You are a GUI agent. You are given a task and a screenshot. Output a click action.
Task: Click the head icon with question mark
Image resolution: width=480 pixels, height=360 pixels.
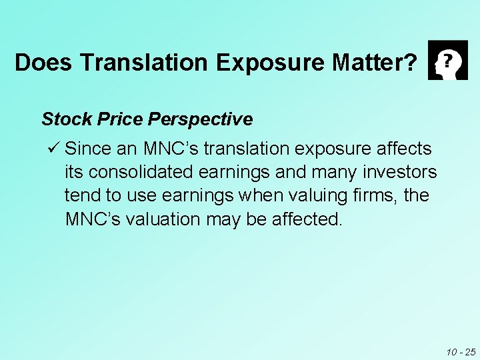tap(447, 60)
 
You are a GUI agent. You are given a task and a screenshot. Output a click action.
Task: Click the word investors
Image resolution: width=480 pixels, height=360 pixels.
tap(400, 172)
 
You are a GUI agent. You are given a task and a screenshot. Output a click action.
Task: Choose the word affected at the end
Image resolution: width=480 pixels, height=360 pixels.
tap(307, 220)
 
